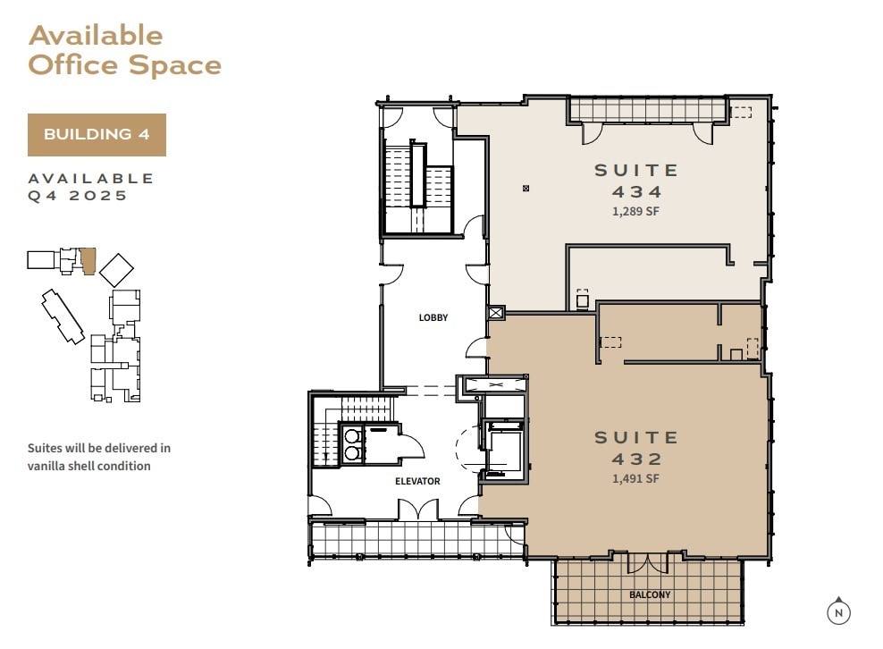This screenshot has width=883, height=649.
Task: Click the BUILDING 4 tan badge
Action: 97,135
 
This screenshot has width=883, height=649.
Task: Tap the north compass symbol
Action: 838,611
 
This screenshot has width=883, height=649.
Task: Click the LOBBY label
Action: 433,317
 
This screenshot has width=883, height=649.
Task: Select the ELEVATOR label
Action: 417,481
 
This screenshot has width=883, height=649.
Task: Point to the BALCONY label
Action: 650,595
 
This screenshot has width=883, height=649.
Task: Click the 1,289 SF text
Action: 635,211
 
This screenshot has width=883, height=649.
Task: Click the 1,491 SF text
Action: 635,478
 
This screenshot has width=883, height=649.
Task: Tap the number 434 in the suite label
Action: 636,191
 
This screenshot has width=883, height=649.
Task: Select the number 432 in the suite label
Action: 636,459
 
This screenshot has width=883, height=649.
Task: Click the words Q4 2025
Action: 78,196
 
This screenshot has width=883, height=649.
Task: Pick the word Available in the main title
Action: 96,36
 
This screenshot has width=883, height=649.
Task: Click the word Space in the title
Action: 175,64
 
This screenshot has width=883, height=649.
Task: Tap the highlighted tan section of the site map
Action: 88,261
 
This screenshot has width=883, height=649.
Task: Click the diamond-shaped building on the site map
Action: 116,270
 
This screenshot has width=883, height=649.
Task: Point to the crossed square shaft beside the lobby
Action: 495,313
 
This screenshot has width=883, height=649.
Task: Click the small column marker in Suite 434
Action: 526,188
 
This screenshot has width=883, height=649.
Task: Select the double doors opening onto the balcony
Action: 648,562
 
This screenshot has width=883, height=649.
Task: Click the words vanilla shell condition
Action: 89,466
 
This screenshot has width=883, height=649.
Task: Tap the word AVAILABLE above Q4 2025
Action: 91,179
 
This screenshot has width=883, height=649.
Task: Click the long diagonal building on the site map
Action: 63,316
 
